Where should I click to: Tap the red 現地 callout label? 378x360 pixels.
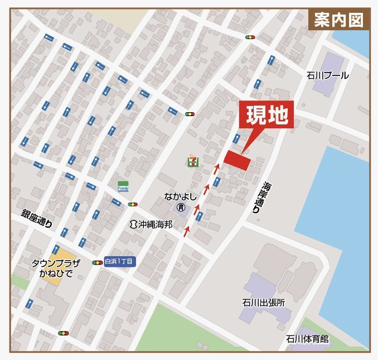tap(266, 116)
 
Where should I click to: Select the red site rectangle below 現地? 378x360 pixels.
tap(238, 160)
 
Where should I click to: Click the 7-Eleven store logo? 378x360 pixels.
tap(192, 161)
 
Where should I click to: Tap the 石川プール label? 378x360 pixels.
tap(327, 75)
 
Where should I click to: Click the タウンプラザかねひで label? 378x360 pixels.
tap(56, 269)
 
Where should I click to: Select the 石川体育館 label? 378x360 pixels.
tap(307, 339)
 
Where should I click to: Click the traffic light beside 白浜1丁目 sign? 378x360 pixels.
tap(98, 262)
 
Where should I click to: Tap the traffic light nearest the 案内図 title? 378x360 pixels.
tap(250, 37)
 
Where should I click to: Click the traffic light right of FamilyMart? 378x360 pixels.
tap(133, 204)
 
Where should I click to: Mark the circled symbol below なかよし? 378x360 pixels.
tap(180, 208)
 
